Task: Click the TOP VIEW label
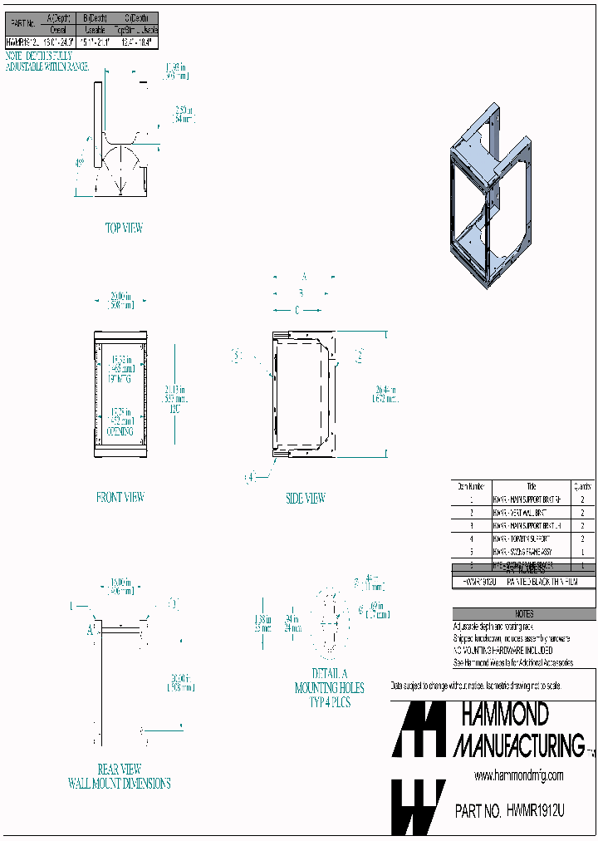click(x=123, y=227)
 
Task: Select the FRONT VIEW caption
click(x=120, y=497)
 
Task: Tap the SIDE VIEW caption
click(x=305, y=499)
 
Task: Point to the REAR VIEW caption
click(x=120, y=769)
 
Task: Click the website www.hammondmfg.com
click(x=518, y=775)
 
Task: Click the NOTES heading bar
click(x=523, y=614)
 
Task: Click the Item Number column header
click(x=471, y=486)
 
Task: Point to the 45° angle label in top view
click(x=80, y=163)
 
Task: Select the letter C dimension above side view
click(x=297, y=310)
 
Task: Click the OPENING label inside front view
click(x=120, y=432)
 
